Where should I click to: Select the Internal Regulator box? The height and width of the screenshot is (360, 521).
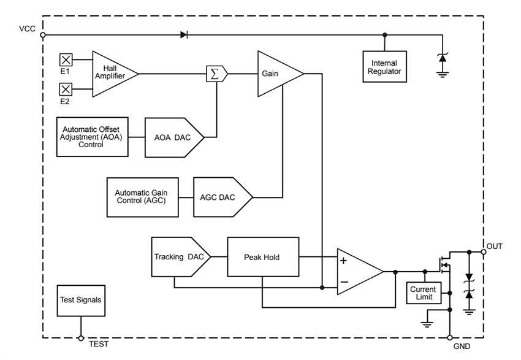[384, 67]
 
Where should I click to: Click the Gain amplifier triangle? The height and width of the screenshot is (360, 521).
[275, 74]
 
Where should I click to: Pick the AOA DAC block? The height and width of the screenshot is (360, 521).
[173, 138]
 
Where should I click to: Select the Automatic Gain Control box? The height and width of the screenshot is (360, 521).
[141, 197]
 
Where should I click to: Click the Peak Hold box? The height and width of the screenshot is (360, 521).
[263, 257]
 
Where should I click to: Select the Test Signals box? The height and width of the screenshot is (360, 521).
[80, 300]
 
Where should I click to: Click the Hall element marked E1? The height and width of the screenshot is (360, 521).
[66, 59]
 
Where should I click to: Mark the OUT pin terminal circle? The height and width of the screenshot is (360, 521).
[484, 251]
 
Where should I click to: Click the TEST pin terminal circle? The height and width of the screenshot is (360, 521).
[80, 338]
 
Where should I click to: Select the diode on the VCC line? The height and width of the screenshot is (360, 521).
[184, 35]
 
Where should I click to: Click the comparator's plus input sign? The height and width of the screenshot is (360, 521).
[343, 260]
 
